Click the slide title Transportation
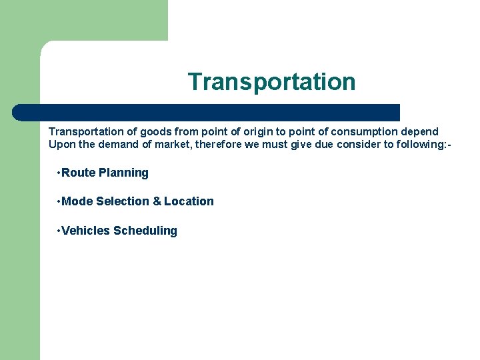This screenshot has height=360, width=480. (271, 82)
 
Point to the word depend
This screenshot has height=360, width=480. (421, 131)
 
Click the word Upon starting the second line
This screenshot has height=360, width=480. (61, 145)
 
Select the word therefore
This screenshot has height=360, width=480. (218, 145)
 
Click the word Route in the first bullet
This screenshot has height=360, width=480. (78, 173)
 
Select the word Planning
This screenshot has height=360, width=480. (123, 173)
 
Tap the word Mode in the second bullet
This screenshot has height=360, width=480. (77, 201)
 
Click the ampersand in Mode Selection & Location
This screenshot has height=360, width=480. (157, 201)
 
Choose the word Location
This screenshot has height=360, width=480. (189, 201)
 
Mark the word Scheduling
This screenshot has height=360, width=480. (145, 231)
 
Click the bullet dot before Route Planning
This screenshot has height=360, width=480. (59, 173)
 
